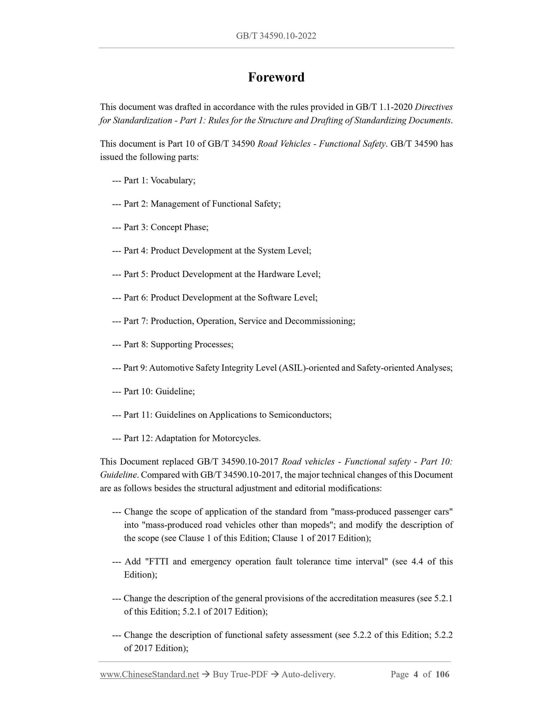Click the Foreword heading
click(276, 77)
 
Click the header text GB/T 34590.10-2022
click(276, 36)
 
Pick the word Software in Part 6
click(275, 298)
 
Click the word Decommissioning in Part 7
click(319, 321)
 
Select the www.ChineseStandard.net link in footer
click(149, 674)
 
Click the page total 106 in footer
click(442, 674)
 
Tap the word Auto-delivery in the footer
click(308, 674)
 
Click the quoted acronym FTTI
click(159, 561)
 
